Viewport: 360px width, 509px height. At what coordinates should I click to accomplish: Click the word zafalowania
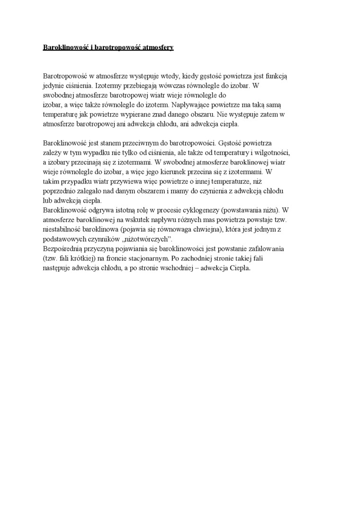pos(268,249)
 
